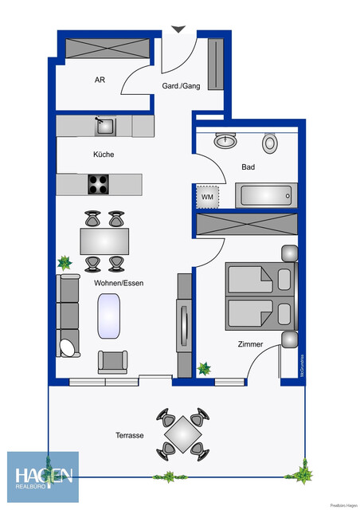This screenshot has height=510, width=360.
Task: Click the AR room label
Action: pyautogui.click(x=100, y=80)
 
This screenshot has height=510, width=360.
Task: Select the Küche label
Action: pyautogui.click(x=104, y=155)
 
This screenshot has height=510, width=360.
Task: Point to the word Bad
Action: pyautogui.click(x=248, y=167)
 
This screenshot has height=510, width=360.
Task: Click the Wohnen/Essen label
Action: pyautogui.click(x=118, y=283)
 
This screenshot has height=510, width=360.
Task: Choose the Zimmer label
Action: pyautogui.click(x=250, y=345)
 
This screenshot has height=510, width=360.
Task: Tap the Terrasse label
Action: pyautogui.click(x=128, y=436)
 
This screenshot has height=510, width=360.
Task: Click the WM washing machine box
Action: pyautogui.click(x=207, y=196)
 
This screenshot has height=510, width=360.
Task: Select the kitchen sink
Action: pyautogui.click(x=104, y=126)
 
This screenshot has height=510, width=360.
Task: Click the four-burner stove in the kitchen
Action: pyautogui.click(x=98, y=184)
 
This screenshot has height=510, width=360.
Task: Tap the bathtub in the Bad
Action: pyautogui.click(x=266, y=195)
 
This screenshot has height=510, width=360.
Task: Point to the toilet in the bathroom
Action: pyautogui.click(x=271, y=143)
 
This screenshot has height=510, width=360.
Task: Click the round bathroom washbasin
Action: pyautogui.click(x=226, y=140)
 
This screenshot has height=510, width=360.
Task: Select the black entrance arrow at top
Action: pyautogui.click(x=178, y=29)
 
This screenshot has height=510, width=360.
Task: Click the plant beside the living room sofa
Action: pyautogui.click(x=64, y=262)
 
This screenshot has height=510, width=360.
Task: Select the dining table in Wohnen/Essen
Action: pyautogui.click(x=104, y=240)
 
